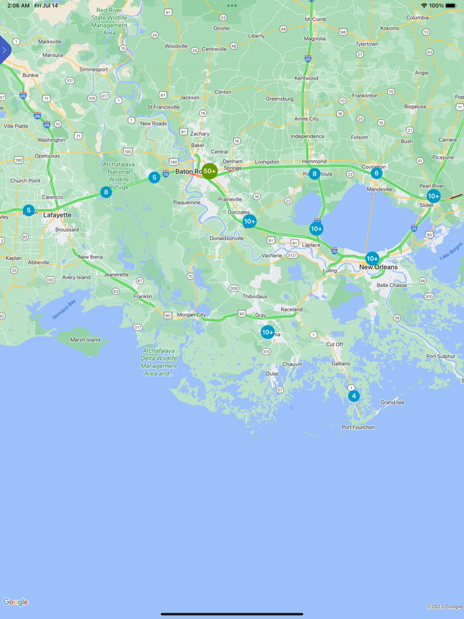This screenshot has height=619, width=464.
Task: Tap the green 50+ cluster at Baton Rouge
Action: click(209, 171)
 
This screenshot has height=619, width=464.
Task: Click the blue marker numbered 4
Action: click(354, 396)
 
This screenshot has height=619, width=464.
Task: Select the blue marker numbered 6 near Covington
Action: click(377, 173)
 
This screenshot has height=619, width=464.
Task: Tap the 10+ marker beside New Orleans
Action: click(372, 258)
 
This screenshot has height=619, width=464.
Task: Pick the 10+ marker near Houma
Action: click(267, 332)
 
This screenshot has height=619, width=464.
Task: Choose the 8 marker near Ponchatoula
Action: click(315, 174)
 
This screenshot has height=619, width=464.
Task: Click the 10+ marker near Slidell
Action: click(434, 196)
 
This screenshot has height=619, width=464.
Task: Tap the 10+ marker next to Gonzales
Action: click(249, 221)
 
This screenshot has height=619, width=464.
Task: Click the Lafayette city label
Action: click(57, 215)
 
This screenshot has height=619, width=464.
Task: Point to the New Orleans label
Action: click(378, 267)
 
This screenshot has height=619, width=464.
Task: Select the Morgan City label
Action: click(192, 315)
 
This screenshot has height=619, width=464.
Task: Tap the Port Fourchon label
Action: click(358, 427)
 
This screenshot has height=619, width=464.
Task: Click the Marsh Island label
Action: click(85, 340)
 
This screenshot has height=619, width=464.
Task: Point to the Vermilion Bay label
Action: click(64, 309)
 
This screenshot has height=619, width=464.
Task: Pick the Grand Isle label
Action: click(392, 402)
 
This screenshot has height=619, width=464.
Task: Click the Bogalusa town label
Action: click(415, 106)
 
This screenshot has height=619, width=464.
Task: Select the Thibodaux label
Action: click(255, 296)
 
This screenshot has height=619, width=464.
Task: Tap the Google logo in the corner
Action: click(15, 602)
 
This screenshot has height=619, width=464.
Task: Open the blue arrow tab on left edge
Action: click(5, 50)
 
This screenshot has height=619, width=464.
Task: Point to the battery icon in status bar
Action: click(451, 5)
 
